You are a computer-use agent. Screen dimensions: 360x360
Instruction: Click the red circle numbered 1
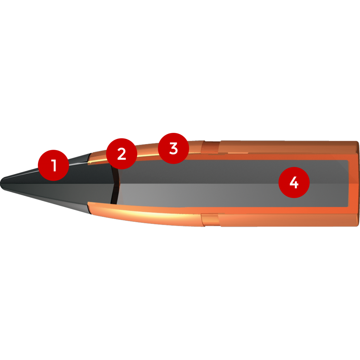tap(53, 165)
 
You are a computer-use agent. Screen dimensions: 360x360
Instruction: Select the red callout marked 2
tap(122, 154)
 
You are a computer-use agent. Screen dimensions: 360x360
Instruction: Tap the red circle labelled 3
tap(174, 148)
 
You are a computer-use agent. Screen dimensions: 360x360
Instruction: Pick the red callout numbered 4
tap(294, 182)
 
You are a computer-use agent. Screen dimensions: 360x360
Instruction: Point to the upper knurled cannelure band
tap(210, 147)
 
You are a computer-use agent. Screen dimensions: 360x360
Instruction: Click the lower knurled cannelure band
tap(210, 219)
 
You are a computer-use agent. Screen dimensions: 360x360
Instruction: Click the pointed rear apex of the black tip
tap(114, 183)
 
